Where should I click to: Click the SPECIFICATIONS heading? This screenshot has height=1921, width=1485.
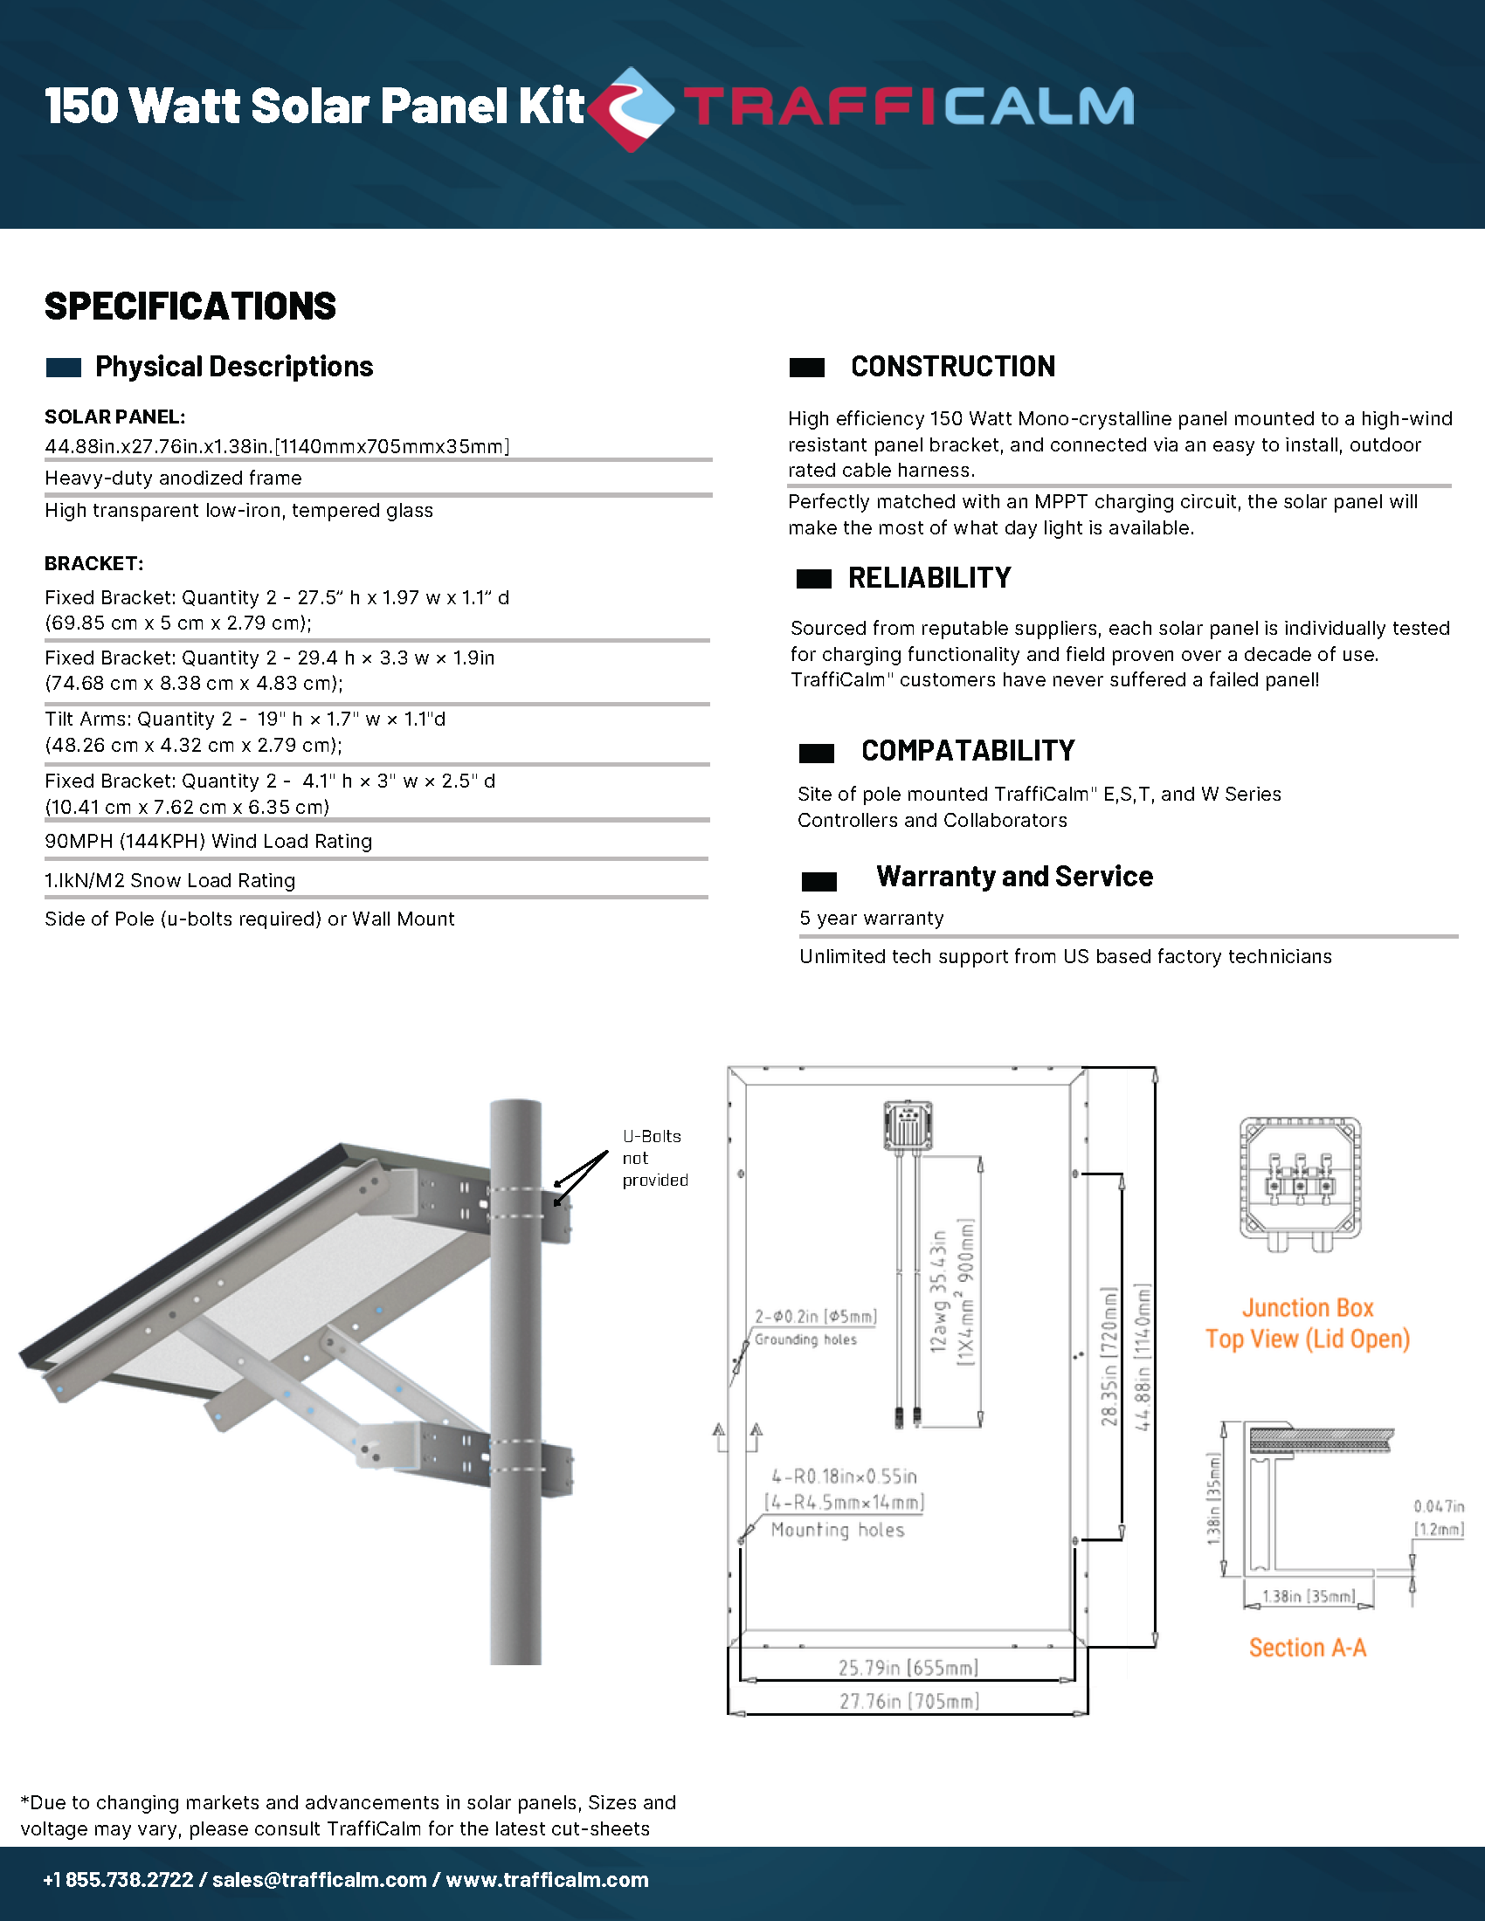190,307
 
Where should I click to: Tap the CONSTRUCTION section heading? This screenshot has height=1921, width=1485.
952,367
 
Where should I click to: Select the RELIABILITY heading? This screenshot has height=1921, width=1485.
929,578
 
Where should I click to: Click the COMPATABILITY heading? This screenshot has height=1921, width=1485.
968,751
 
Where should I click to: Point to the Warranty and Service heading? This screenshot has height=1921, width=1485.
1014,877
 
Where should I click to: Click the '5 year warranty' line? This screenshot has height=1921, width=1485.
871,919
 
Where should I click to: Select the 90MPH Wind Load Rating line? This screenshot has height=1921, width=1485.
209,842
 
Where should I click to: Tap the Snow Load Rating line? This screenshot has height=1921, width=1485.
169,881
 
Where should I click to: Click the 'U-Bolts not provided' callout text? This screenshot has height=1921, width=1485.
654,1159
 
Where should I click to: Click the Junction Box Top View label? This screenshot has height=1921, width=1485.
1308,1324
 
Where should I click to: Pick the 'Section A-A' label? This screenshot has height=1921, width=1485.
1308,1648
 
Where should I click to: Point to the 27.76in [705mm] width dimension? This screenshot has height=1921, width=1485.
908,1701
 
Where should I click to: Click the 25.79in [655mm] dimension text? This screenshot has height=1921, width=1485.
908,1668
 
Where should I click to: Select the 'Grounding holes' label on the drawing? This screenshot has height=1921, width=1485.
805,1339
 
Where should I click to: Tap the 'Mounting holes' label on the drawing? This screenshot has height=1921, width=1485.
838,1531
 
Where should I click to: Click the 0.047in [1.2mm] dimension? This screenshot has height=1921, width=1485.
1439,1518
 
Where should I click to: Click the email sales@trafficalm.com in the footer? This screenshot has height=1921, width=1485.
320,1880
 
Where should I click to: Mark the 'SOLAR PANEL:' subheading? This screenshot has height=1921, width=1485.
115,417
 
